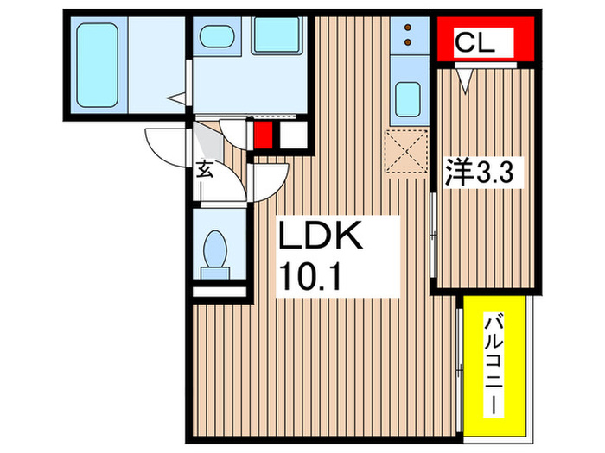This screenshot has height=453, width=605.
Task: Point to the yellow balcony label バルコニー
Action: pos(494,363)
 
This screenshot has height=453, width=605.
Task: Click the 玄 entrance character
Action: pos(204,169)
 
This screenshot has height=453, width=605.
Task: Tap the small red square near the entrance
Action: pos(263,135)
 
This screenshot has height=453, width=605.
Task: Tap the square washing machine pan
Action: pos(276,37)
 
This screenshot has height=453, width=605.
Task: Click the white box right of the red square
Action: pos(293,135)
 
